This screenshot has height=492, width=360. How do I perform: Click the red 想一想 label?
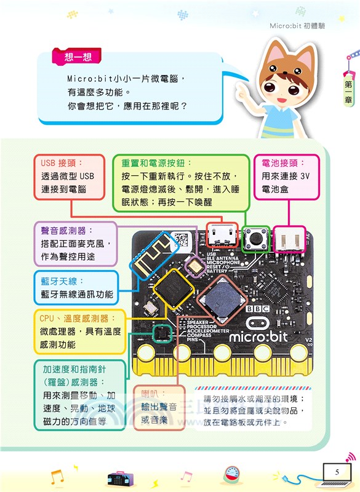pyautogui.click(x=78, y=58)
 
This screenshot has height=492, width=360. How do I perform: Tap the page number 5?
pyautogui.click(x=337, y=472)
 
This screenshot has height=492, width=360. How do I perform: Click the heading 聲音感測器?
pyautogui.click(x=66, y=230)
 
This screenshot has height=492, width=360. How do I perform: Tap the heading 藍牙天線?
pyautogui.click(x=58, y=281)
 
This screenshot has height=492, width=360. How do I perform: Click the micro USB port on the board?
pyautogui.click(x=221, y=234)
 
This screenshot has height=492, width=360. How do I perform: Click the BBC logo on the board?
pyautogui.click(x=257, y=309)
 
